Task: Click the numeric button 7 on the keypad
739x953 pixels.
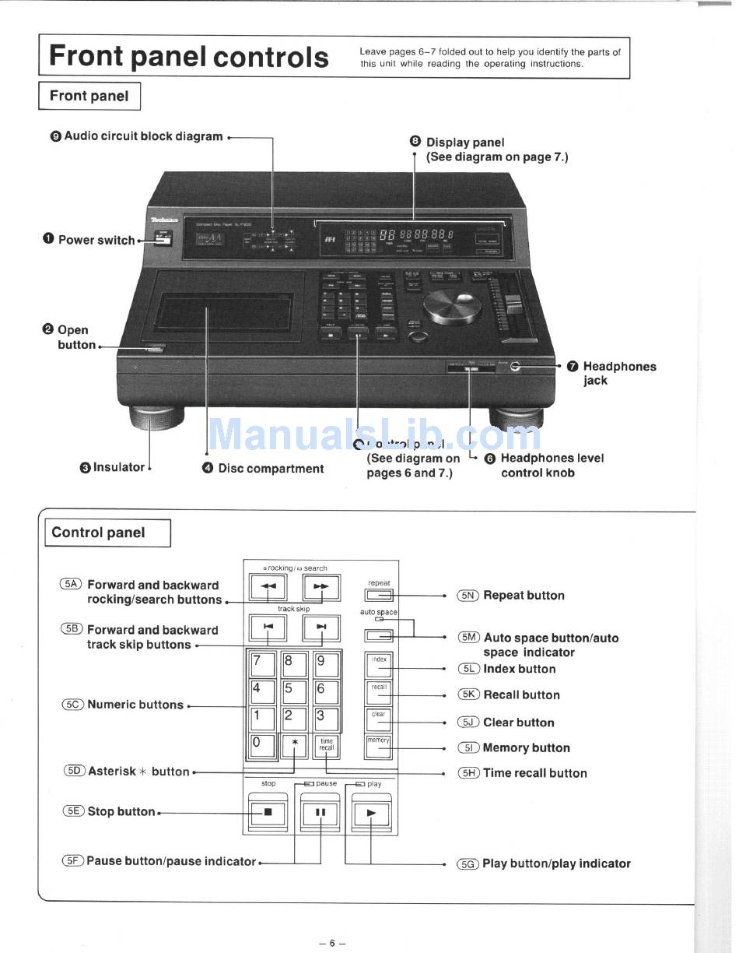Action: click(262, 664)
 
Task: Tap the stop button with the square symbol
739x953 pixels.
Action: click(268, 812)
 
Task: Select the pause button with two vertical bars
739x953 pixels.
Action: click(320, 812)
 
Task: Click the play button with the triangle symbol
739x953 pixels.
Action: click(371, 812)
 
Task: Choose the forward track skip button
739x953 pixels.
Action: click(320, 627)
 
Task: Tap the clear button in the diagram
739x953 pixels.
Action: click(378, 719)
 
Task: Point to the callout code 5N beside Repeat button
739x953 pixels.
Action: click(468, 596)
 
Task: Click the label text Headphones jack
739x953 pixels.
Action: click(619, 373)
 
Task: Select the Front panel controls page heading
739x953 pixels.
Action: click(189, 57)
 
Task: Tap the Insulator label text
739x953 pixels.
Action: click(118, 467)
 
